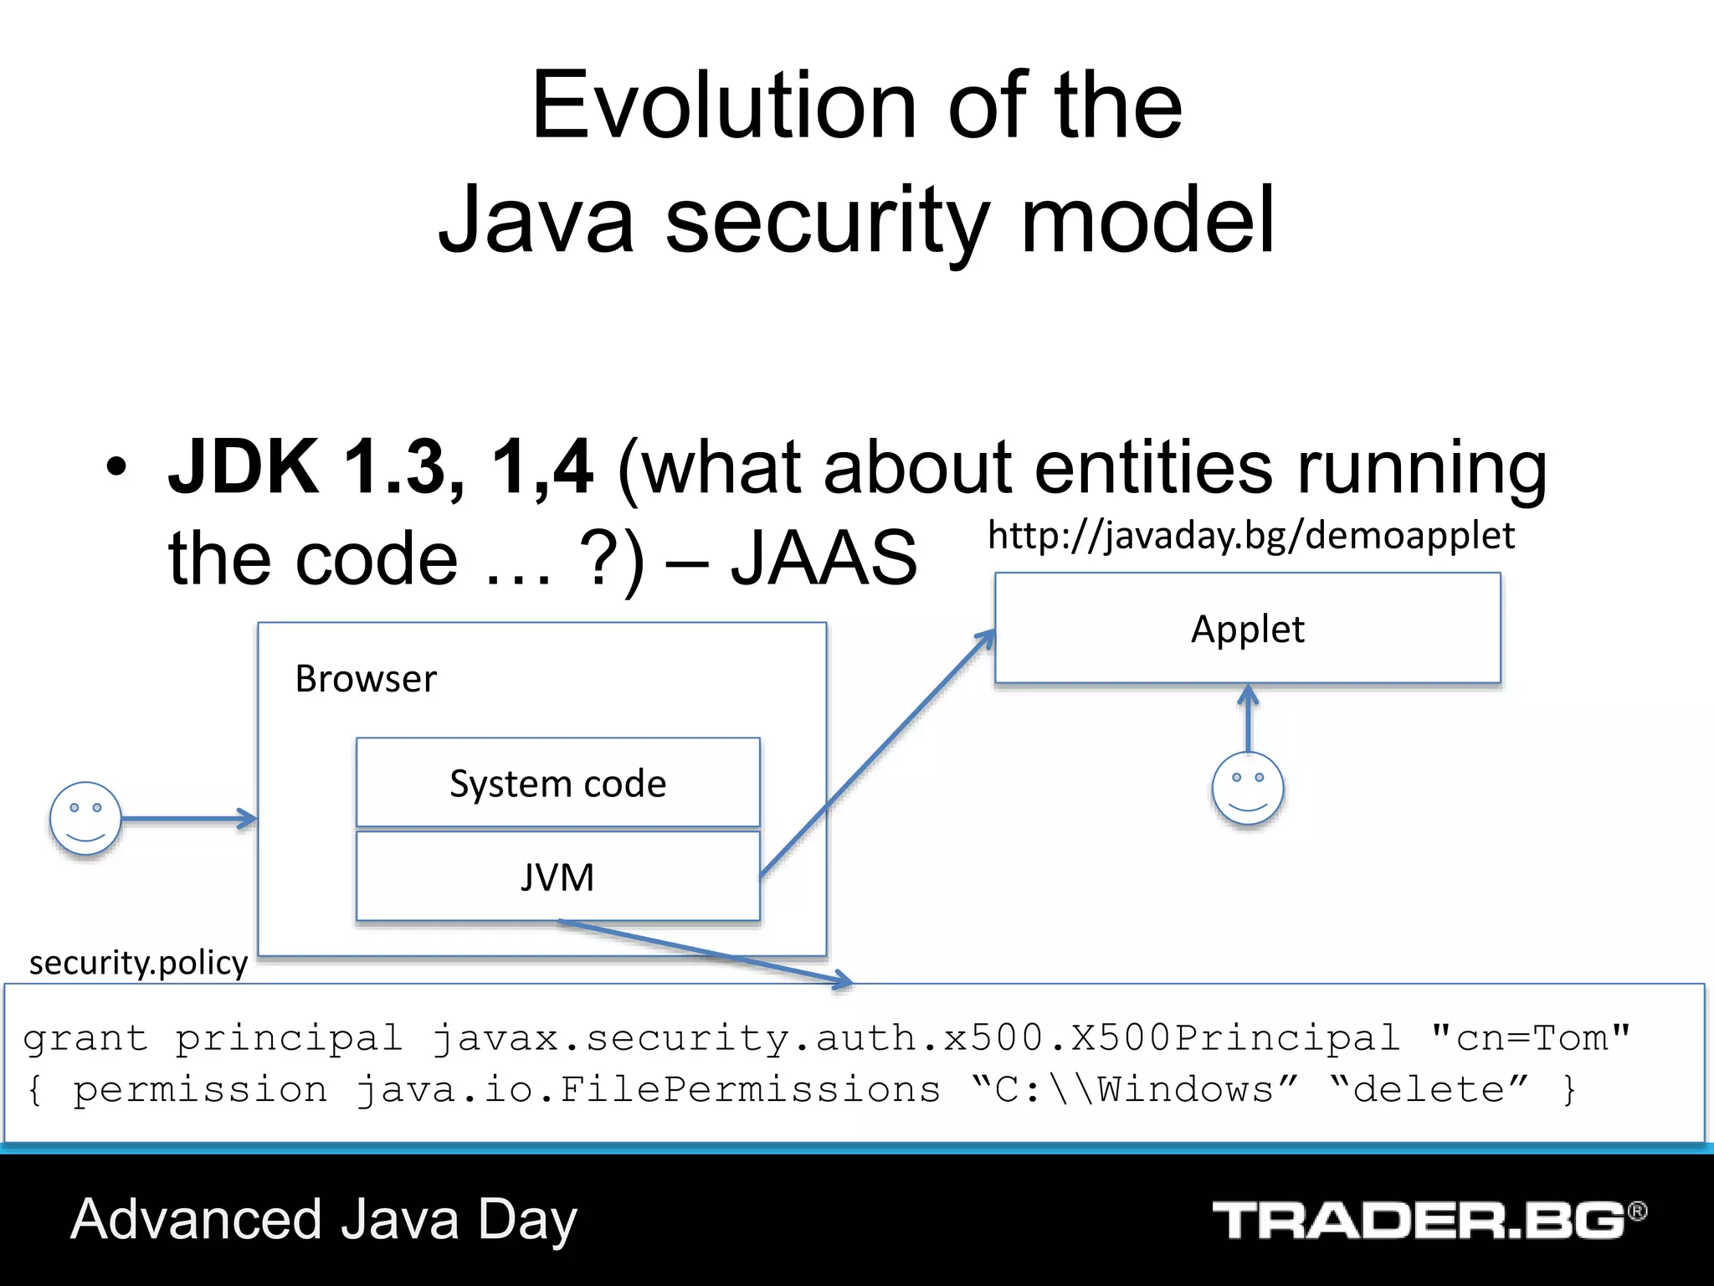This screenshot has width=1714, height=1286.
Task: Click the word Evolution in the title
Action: tap(724, 106)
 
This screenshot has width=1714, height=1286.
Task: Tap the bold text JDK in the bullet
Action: tap(244, 467)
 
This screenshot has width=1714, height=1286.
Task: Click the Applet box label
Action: tap(1247, 630)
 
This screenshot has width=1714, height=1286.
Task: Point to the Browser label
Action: tap(366, 679)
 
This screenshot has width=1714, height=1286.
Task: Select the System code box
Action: tap(557, 784)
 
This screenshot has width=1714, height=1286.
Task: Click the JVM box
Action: tap(557, 877)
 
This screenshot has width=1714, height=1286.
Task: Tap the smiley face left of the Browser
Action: tap(85, 819)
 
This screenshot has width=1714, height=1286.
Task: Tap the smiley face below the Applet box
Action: tap(1247, 788)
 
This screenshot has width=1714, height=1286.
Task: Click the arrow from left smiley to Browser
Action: tap(188, 819)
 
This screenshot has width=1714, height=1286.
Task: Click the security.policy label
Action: tap(138, 963)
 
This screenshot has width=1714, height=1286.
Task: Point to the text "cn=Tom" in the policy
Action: tap(1530, 1038)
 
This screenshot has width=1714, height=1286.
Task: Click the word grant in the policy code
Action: tap(85, 1039)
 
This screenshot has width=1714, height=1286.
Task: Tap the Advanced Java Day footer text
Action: tap(324, 1220)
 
